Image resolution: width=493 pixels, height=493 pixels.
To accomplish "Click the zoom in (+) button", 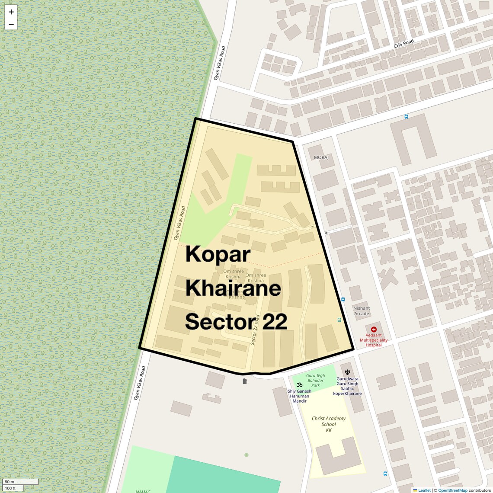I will tap(11, 12).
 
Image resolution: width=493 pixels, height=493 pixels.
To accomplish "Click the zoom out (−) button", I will tap(11, 24).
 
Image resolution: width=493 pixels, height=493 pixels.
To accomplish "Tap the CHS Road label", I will tap(403, 44).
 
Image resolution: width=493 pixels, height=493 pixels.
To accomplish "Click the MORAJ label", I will tap(321, 157).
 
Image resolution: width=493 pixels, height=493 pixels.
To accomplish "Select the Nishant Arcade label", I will tap(362, 311).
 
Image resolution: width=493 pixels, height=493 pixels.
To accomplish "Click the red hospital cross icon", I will tap(374, 330).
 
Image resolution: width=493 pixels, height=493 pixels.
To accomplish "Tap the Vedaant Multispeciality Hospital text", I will tap(374, 340).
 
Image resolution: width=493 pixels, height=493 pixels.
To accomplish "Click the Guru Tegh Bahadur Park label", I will tap(315, 381).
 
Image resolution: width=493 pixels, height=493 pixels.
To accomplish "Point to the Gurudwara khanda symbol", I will tap(347, 372).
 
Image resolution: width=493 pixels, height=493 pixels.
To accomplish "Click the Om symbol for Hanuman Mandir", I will tap(299, 384).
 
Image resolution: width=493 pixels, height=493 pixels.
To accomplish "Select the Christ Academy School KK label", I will tap(329, 424).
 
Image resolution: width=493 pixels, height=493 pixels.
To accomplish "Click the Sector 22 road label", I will tap(255, 330).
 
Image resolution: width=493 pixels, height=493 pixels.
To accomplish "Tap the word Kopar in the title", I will tap(218, 254).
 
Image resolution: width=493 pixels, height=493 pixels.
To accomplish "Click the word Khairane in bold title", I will tap(233, 288).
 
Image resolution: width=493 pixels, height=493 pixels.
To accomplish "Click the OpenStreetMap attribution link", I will tap(453, 490).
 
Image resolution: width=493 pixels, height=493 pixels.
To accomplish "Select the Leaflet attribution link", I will tap(424, 490).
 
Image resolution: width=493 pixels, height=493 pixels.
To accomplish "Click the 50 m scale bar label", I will tap(10, 482).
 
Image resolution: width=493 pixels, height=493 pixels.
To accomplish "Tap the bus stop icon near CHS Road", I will tap(406, 116).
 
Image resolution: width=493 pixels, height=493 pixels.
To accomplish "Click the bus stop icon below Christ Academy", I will tap(385, 474).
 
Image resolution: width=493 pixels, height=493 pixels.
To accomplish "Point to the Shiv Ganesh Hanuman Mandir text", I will tap(299, 396).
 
